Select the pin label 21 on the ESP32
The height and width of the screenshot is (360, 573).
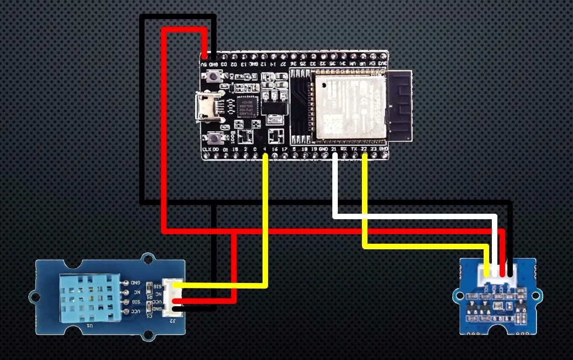(335, 149)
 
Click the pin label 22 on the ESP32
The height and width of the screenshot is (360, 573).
(364, 149)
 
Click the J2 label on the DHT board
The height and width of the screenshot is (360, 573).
(172, 320)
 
